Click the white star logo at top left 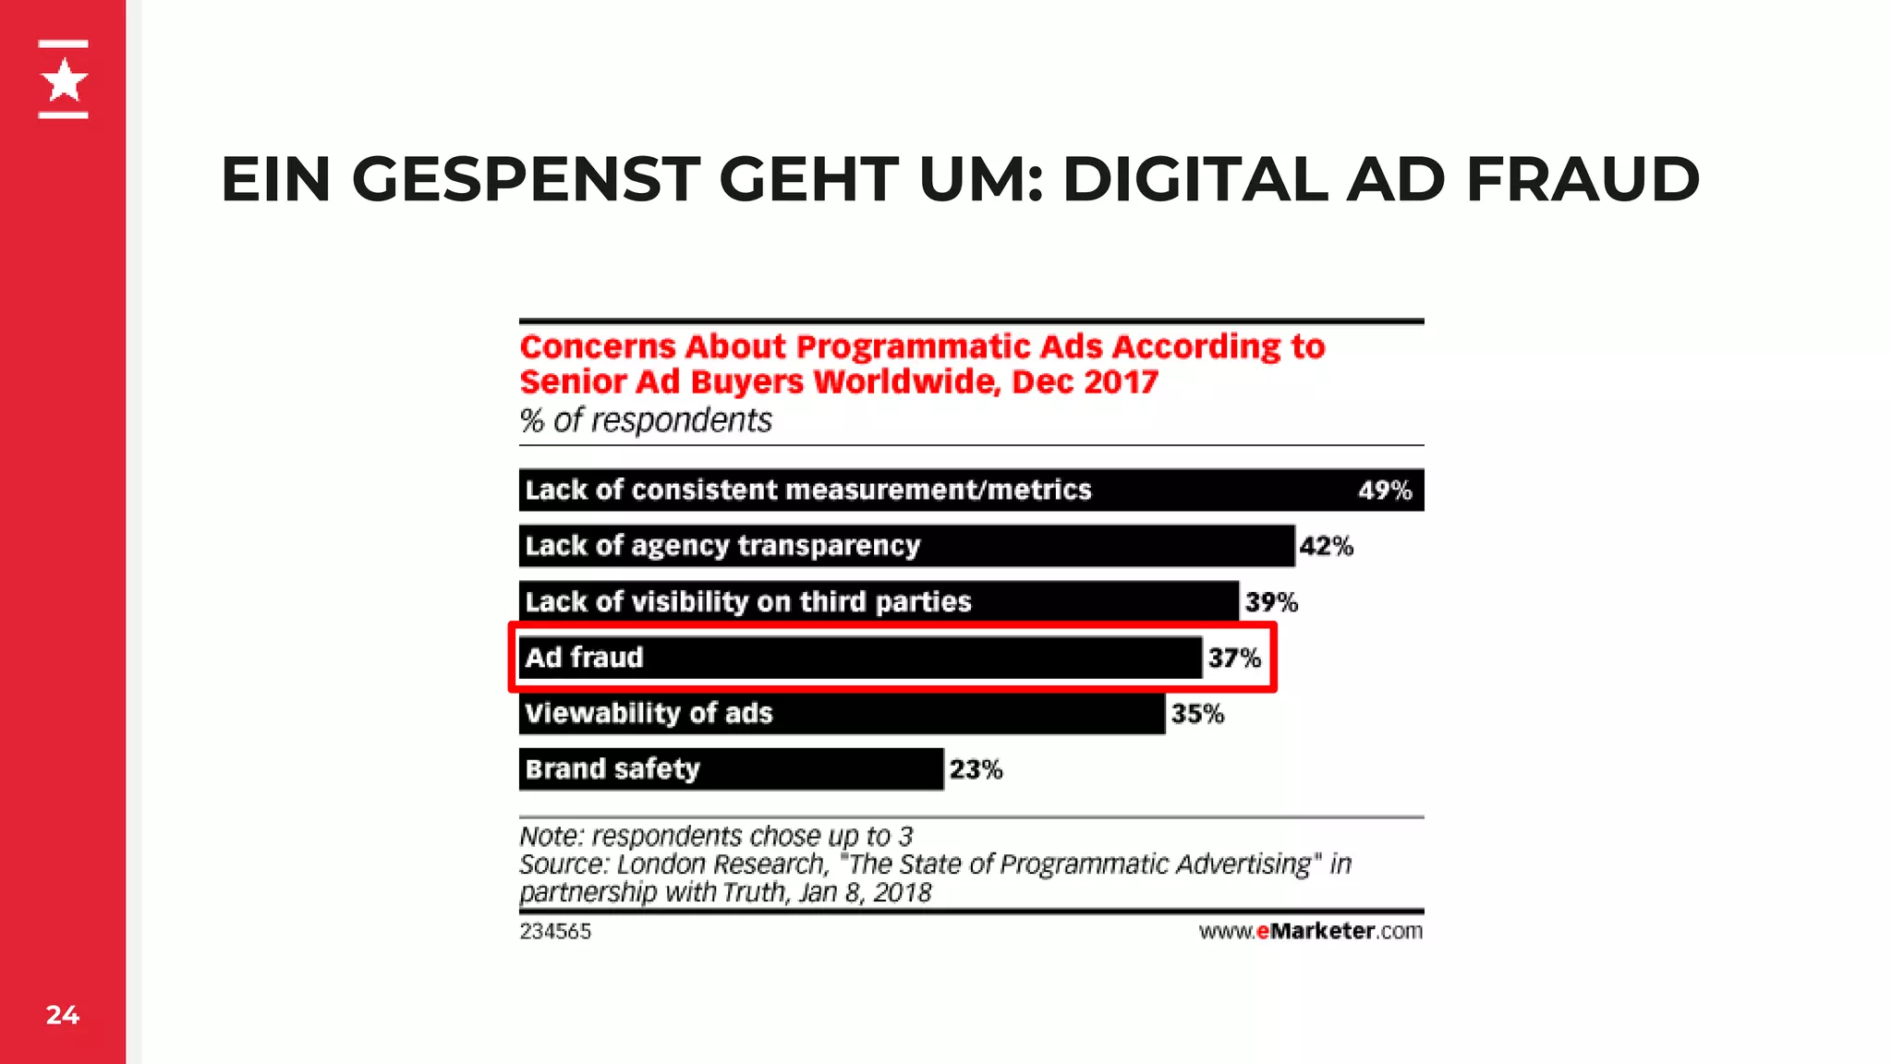pos(64,80)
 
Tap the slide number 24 pos(63,1015)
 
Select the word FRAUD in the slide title pos(1582,179)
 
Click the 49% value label pos(1384,490)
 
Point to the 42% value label pos(1326,547)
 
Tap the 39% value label pos(1271,602)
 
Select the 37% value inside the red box pos(1234,658)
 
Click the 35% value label pos(1197,714)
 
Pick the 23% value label pos(976,769)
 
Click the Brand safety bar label pos(612,769)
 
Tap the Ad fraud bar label pos(584,658)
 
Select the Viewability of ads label pos(649,713)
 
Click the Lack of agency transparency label pos(722,546)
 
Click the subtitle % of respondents pos(645,420)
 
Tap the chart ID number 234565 pos(554,931)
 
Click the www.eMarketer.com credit pos(1310,931)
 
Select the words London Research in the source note pos(721,864)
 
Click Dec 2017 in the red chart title pos(1085,382)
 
